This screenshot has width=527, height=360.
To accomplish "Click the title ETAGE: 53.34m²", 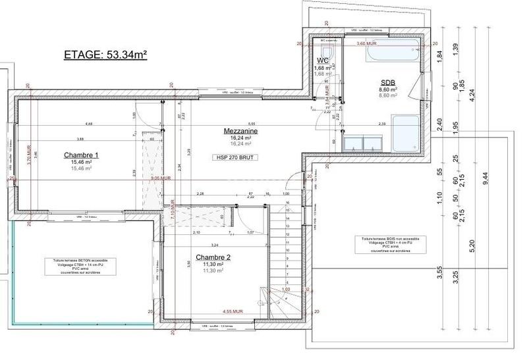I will point(104,55).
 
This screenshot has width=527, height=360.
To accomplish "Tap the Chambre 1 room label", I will point(81,155).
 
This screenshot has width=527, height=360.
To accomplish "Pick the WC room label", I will point(323,61).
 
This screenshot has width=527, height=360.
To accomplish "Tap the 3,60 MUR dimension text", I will point(366,43).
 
